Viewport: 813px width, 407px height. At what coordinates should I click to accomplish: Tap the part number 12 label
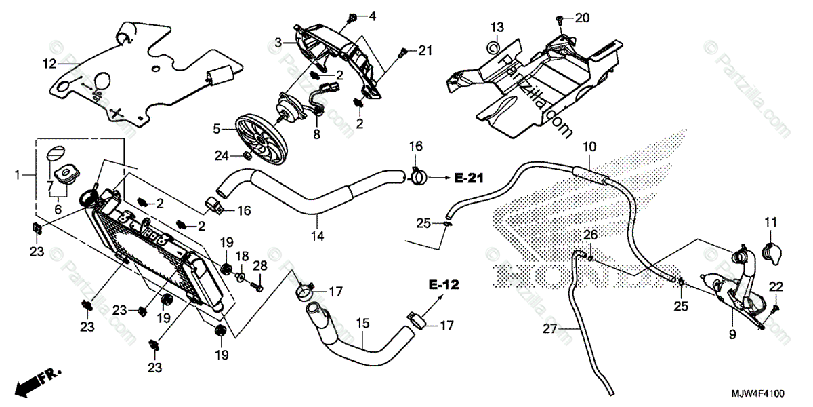tap(49, 64)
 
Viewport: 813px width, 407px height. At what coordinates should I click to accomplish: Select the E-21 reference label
tap(467, 178)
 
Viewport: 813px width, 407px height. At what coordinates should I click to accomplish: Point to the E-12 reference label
tap(443, 285)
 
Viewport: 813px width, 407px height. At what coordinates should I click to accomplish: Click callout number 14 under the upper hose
tap(317, 237)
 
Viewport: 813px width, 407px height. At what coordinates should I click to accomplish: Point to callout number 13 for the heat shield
tap(497, 27)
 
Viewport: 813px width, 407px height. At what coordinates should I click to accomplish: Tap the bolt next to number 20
tap(560, 18)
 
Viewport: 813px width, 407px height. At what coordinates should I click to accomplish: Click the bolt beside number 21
tap(403, 50)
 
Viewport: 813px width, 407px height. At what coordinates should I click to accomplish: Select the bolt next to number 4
tap(353, 15)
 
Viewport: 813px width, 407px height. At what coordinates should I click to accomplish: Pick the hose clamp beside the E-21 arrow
tap(418, 178)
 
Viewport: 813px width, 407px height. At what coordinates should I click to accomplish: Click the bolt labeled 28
tap(258, 288)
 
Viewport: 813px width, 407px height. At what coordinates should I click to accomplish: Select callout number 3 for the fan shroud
tap(278, 43)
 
